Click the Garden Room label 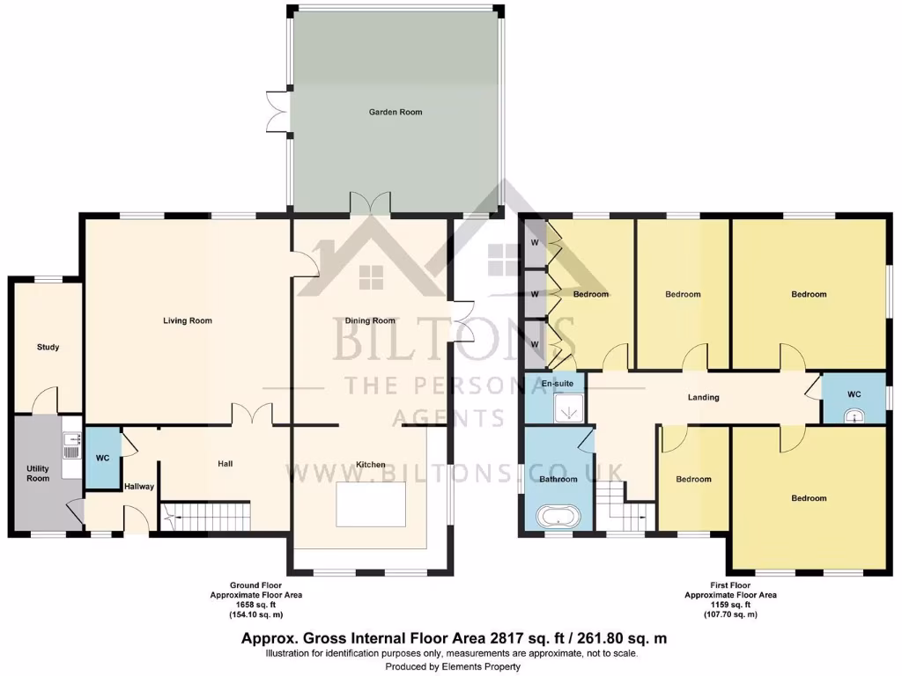click(x=395, y=112)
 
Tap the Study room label click(x=48, y=347)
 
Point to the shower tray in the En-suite click(x=569, y=407)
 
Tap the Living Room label click(x=188, y=320)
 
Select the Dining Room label click(x=370, y=320)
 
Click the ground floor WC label click(x=102, y=458)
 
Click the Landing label click(x=703, y=397)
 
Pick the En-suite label click(x=556, y=385)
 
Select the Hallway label click(x=139, y=486)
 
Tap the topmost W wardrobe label click(x=534, y=243)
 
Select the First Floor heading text click(x=729, y=585)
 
